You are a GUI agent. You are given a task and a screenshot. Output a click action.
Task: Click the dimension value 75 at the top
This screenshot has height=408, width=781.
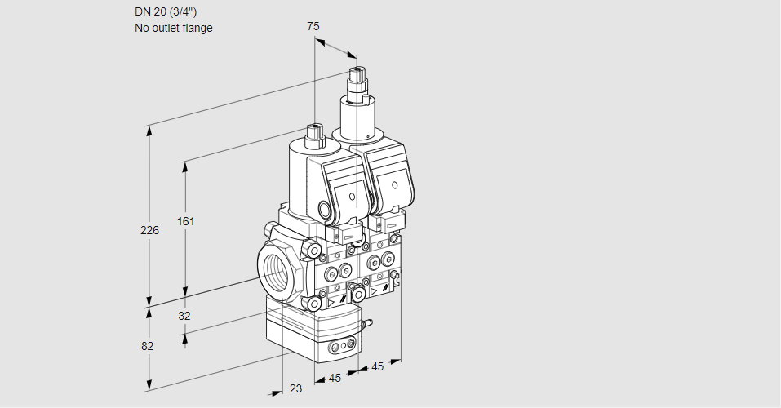click(313, 26)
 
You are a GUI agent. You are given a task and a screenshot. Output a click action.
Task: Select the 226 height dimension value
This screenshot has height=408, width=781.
click(149, 230)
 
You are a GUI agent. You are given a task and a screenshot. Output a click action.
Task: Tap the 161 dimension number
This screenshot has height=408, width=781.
click(188, 221)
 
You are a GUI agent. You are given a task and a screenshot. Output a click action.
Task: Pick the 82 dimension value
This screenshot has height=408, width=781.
click(147, 346)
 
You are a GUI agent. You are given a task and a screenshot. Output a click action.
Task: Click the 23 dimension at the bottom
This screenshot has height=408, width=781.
click(295, 388)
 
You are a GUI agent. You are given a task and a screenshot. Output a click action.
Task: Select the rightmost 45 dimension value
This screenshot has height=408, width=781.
click(378, 366)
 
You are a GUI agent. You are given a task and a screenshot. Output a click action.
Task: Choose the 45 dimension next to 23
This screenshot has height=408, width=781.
click(333, 378)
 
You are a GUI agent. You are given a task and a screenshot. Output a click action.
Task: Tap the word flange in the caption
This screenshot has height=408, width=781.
click(196, 28)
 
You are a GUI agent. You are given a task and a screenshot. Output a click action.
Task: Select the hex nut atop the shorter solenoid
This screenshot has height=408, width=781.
click(314, 131)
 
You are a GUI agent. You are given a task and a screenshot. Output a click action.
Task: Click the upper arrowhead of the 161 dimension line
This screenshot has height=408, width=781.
click(185, 166)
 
